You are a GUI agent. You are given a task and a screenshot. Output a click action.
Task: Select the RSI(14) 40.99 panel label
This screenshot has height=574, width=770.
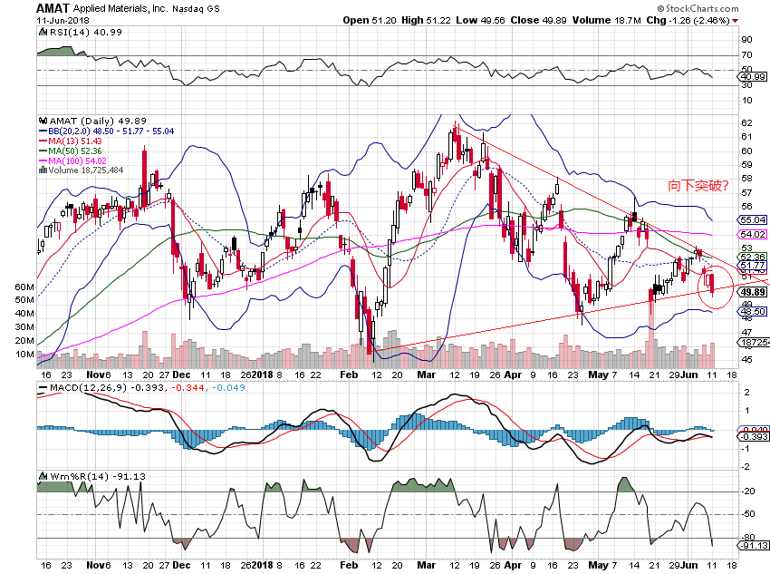75,32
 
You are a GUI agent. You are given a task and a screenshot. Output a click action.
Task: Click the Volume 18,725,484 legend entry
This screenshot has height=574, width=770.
82,170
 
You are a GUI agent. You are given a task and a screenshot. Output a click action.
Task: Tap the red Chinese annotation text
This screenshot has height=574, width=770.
698,187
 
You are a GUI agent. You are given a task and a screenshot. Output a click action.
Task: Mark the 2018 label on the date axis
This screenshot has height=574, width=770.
262,373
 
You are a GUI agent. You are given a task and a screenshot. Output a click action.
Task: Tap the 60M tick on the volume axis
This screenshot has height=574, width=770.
25,287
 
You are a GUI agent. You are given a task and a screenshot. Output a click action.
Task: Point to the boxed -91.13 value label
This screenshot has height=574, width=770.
754,545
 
